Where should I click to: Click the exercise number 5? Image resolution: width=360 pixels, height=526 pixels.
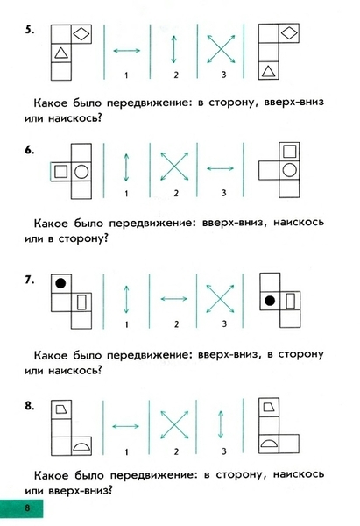coord(29,30)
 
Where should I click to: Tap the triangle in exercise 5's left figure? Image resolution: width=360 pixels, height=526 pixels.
coord(60,53)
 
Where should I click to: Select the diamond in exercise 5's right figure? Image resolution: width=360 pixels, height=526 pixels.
coord(288,33)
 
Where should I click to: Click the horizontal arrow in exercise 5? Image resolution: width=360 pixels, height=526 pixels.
coord(127,51)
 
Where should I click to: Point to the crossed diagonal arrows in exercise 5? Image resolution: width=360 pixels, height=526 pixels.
coord(221,49)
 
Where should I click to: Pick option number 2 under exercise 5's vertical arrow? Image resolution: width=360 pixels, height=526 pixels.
coord(176,75)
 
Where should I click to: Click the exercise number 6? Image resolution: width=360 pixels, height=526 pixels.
coord(29,150)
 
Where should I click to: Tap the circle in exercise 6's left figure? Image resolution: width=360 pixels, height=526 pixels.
coord(81,172)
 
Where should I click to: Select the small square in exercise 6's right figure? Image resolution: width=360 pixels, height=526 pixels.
coord(289,152)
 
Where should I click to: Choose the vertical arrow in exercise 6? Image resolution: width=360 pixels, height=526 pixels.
coord(126,167)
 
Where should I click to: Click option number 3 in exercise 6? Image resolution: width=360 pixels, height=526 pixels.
coord(224,193)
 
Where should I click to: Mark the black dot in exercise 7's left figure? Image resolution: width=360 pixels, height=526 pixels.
coord(60,283)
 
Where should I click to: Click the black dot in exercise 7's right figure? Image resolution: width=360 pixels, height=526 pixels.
coord(270,301)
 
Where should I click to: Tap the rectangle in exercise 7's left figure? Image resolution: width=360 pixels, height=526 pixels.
coord(81,302)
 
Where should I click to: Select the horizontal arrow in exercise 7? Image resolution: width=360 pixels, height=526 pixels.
coord(174,299)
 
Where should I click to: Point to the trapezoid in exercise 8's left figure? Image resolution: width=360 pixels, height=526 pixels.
coord(60,409)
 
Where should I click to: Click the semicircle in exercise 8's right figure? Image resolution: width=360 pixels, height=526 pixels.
coord(269,444)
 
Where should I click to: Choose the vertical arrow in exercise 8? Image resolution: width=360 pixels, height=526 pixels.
coord(221,424)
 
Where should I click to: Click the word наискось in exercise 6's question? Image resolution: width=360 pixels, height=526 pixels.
coord(299,222)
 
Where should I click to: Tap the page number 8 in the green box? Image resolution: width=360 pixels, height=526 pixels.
coord(27,508)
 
